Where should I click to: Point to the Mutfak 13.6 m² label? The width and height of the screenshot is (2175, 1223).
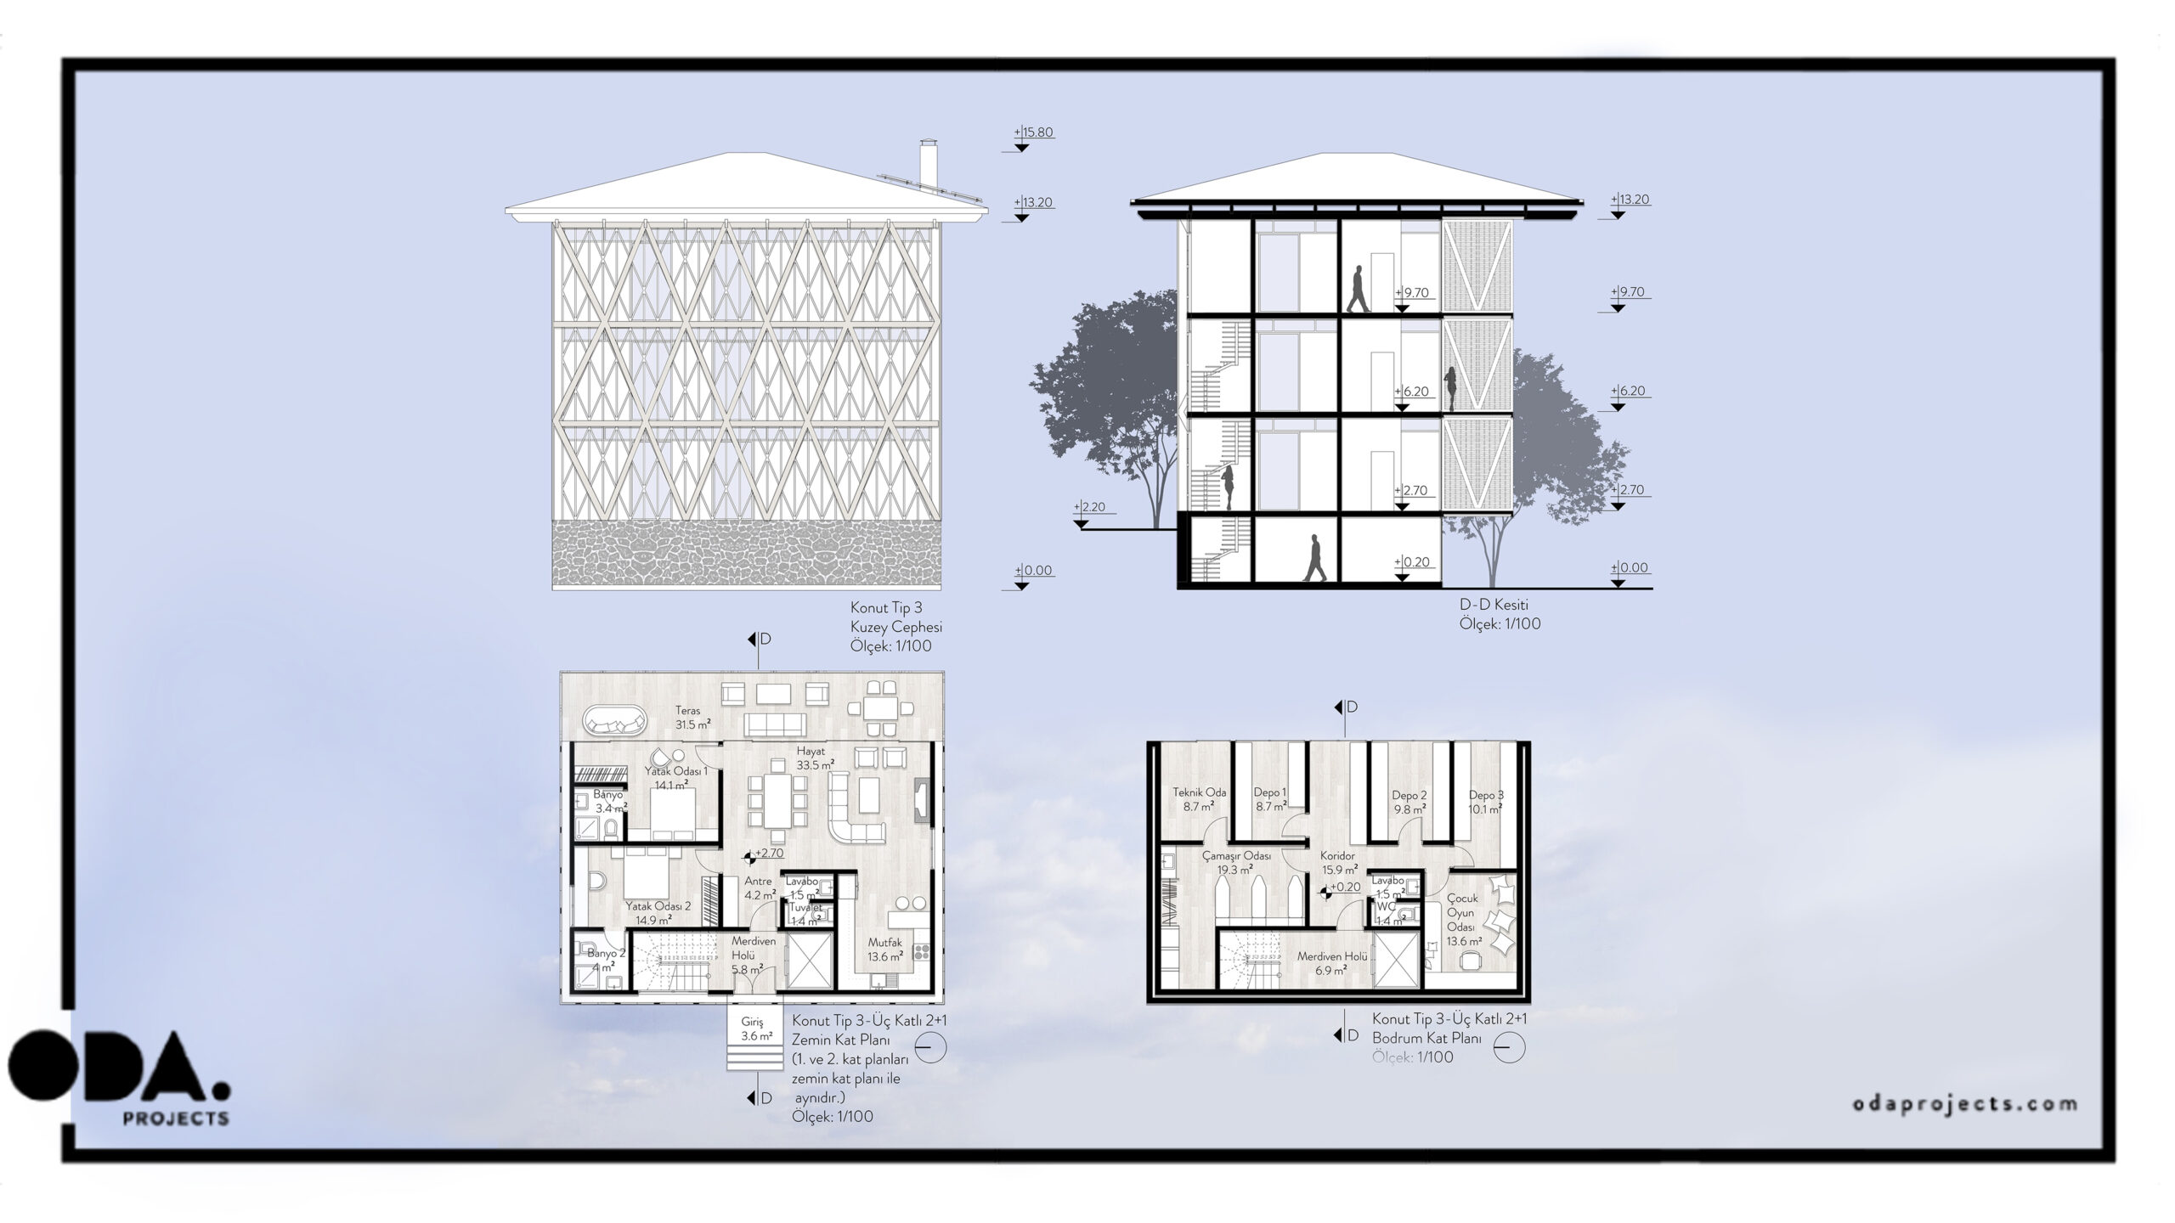pos(884,949)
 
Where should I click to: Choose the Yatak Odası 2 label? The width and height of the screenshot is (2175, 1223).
pos(658,905)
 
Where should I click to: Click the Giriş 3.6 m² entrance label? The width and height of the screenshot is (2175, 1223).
pos(755,1029)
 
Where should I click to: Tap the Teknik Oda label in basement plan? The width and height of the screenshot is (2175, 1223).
pos(1199,792)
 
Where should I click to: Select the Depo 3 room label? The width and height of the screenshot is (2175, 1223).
pos(1486,795)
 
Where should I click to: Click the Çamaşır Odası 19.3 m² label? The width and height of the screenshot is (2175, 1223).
pos(1237,862)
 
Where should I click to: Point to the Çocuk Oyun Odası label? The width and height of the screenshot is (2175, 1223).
pos(1463,912)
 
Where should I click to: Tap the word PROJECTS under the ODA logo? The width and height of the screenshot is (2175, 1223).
pos(176,1119)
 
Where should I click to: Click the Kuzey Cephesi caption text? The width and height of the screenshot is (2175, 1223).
pos(896,627)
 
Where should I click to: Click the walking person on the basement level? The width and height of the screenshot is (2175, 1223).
pos(1314,558)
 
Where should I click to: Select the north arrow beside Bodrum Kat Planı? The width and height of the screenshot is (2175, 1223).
pos(1508,1048)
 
